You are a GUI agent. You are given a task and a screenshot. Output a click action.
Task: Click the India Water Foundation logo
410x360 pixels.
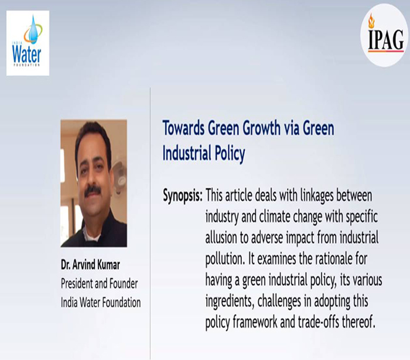point(28,43)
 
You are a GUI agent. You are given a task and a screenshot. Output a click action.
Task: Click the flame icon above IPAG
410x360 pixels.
point(371,20)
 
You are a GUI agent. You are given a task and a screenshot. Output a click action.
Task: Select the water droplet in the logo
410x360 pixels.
point(33,29)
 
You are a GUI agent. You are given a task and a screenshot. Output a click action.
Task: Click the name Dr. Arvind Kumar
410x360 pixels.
point(90,265)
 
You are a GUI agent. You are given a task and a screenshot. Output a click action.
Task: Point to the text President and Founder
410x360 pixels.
point(100,283)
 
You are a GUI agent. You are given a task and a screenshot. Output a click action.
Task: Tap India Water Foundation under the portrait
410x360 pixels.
point(101,303)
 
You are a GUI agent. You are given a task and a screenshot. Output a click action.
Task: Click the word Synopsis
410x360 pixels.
point(183,196)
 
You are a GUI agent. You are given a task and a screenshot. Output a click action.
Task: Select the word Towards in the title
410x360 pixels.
point(183,128)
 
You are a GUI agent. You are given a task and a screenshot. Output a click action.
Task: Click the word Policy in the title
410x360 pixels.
point(230,153)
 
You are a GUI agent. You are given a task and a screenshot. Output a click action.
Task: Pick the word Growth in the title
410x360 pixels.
point(261,128)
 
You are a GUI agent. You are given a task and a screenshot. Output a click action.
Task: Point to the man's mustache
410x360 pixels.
point(92,190)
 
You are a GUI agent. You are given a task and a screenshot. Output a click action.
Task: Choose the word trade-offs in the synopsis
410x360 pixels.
point(318,322)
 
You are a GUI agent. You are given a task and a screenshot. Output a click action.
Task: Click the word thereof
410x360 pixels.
point(358,322)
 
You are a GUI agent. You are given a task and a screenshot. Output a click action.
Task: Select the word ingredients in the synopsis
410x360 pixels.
point(230,301)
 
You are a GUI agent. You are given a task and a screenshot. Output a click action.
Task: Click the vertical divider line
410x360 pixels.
point(151,224)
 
